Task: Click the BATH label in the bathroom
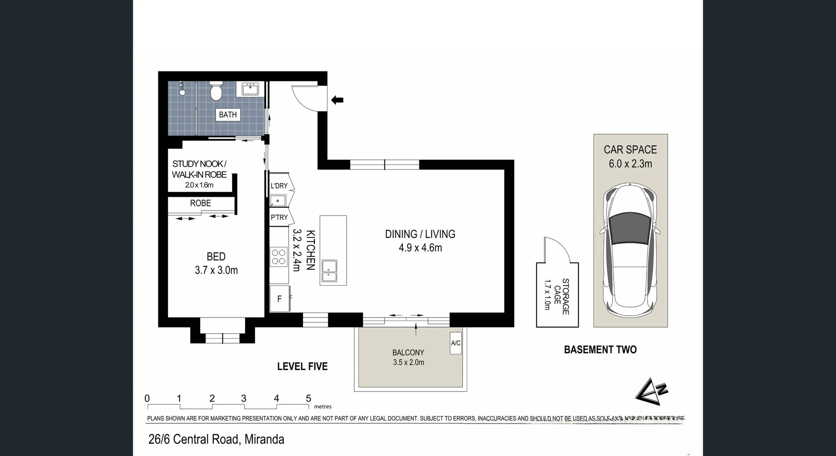[228, 115]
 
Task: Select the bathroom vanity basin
[250, 89]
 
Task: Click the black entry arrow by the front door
[337, 100]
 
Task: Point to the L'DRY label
[279, 186]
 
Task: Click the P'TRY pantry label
[279, 217]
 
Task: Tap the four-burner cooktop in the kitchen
[279, 257]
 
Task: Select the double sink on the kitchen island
[329, 270]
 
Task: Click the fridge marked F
[280, 299]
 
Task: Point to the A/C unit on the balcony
[455, 343]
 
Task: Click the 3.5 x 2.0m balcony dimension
[408, 362]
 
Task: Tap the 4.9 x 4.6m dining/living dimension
[420, 248]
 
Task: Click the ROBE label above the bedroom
[200, 203]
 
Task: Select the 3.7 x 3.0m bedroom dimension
[216, 270]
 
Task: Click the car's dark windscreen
[630, 227]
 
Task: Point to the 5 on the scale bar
[308, 399]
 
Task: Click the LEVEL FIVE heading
[302, 367]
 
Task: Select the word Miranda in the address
[264, 439]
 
